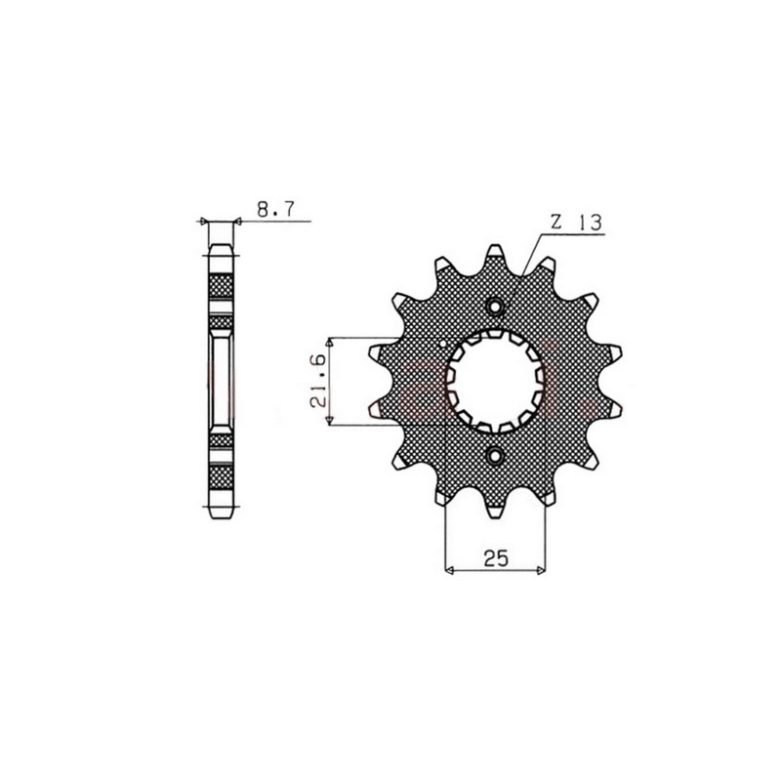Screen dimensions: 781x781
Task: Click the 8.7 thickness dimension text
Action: coord(276,209)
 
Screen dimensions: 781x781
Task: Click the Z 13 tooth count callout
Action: coord(576,223)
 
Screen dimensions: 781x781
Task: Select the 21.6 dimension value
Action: coord(318,381)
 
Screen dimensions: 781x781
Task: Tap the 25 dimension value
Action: coord(495,558)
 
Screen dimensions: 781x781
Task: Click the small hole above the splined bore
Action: coord(495,307)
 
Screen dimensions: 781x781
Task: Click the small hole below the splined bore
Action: coord(495,455)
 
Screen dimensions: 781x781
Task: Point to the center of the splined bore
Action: coord(495,381)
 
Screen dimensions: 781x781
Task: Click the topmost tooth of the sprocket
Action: coord(495,252)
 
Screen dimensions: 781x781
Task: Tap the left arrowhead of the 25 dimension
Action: coord(448,571)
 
